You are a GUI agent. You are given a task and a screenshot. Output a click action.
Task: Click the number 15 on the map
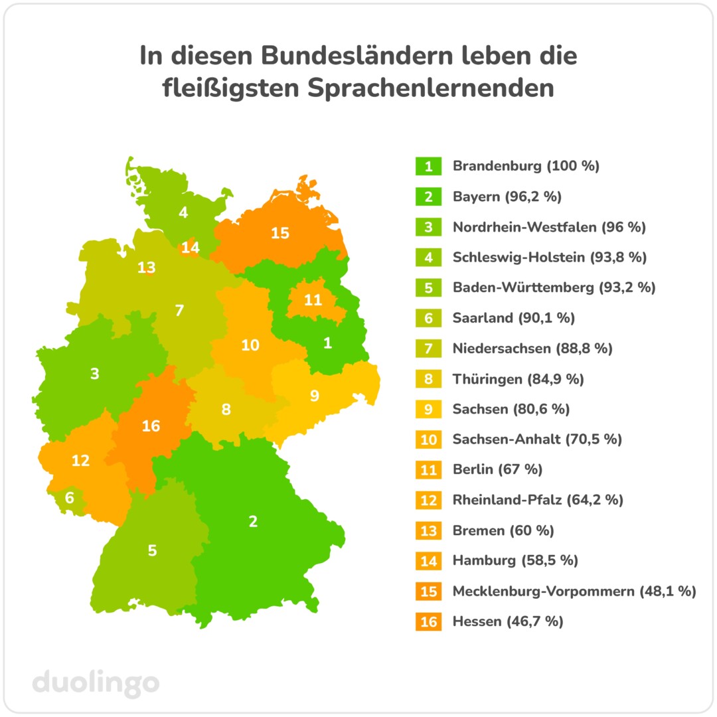pos(280,233)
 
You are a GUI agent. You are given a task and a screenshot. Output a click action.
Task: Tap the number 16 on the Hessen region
pos(151,426)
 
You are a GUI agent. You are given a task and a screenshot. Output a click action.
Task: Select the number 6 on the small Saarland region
pos(70,497)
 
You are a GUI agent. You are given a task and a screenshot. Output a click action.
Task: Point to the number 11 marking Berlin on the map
pos(313,300)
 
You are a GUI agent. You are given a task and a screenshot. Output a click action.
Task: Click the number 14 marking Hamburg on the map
pos(191,248)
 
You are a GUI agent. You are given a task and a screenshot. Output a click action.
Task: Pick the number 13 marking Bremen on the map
pos(147,268)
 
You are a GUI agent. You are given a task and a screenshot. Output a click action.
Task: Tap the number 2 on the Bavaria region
pos(253,521)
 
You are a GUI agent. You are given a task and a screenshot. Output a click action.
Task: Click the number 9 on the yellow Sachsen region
pos(315,396)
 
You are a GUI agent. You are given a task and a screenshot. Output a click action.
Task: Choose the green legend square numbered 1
pos(429,166)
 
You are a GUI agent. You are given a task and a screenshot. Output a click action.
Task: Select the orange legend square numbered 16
pos(429,622)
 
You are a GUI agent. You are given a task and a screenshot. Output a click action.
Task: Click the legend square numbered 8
pos(429,379)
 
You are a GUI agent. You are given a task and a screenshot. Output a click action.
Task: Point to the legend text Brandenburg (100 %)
pos(526,166)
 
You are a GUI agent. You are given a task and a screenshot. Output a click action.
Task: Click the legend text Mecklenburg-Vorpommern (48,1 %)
pos(574,591)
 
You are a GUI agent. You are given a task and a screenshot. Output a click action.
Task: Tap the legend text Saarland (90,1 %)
pos(513,318)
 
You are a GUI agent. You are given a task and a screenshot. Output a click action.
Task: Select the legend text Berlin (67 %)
pos(497,469)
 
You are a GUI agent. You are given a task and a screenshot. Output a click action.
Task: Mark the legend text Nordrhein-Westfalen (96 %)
pos(549,227)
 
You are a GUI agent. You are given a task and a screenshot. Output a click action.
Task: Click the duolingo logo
pos(96,682)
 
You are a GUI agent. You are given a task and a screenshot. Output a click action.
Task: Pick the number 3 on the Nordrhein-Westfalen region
pos(95,374)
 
